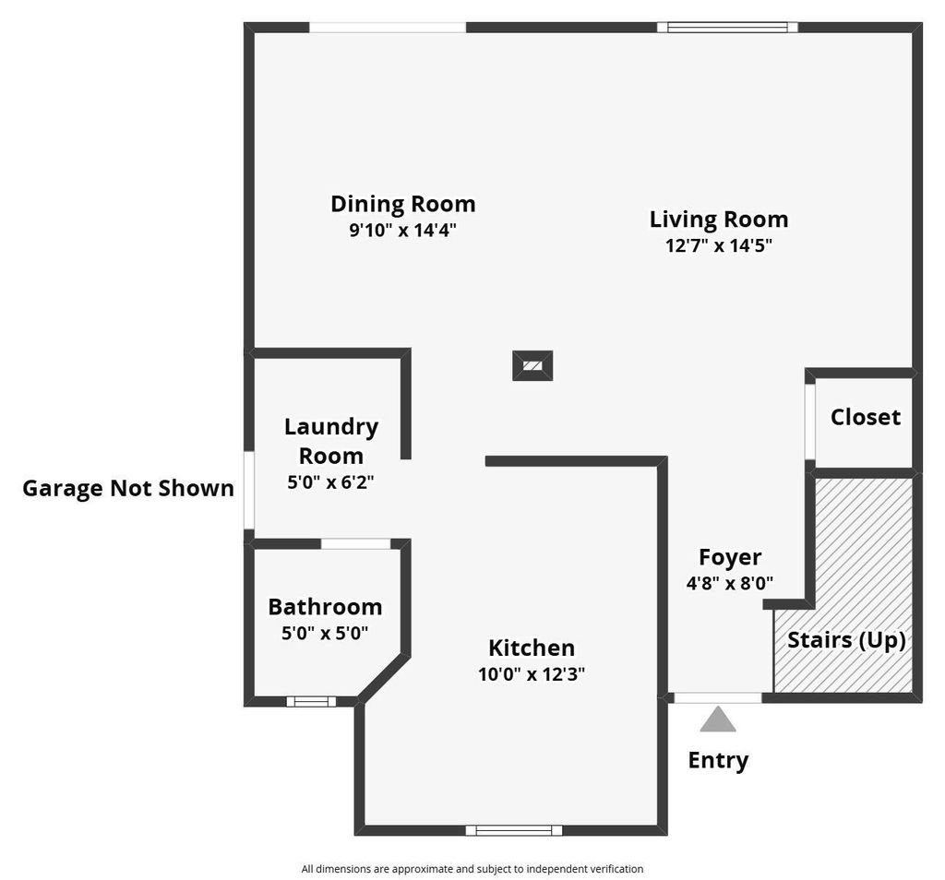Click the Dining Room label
click(x=402, y=203)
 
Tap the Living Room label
click(x=719, y=220)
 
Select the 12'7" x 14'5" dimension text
click(x=719, y=245)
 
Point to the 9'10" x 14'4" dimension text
click(x=402, y=230)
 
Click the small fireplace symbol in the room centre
click(x=532, y=365)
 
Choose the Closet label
click(x=865, y=417)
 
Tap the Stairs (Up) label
click(x=846, y=639)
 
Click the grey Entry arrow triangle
click(x=718, y=719)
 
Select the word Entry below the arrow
click(x=718, y=760)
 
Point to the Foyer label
click(x=730, y=557)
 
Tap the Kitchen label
click(x=532, y=648)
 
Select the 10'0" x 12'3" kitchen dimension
click(x=532, y=674)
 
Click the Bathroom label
click(x=325, y=607)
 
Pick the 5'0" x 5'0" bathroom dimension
click(x=325, y=633)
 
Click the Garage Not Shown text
click(x=128, y=488)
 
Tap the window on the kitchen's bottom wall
click(x=514, y=830)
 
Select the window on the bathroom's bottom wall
click(x=311, y=701)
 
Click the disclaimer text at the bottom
click(x=472, y=869)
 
